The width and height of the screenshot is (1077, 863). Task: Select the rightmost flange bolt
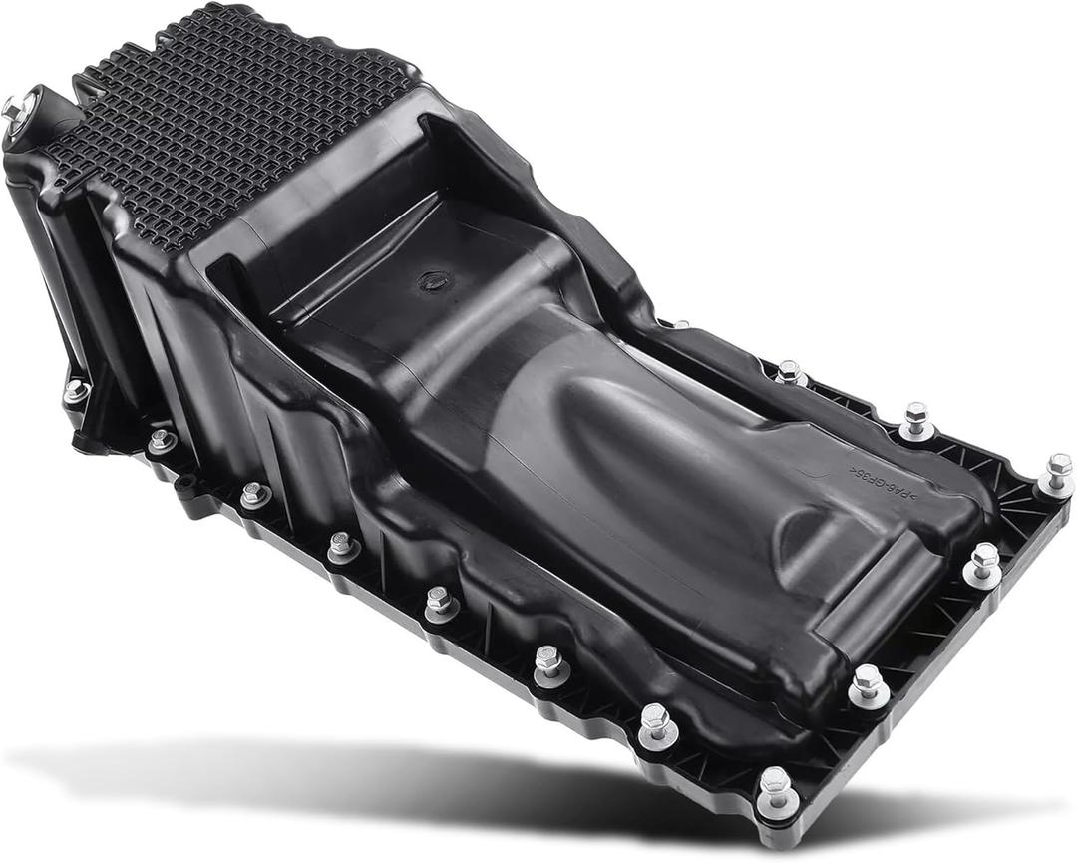click(x=1058, y=471)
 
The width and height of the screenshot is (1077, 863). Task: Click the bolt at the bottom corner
click(x=776, y=789)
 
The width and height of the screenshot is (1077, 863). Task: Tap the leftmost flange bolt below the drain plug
click(x=76, y=391)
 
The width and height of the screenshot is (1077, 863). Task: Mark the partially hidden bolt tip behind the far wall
click(x=677, y=324)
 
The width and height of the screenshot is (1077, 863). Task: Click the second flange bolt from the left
click(x=162, y=439)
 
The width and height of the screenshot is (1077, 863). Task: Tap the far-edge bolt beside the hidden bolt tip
click(x=790, y=373)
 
